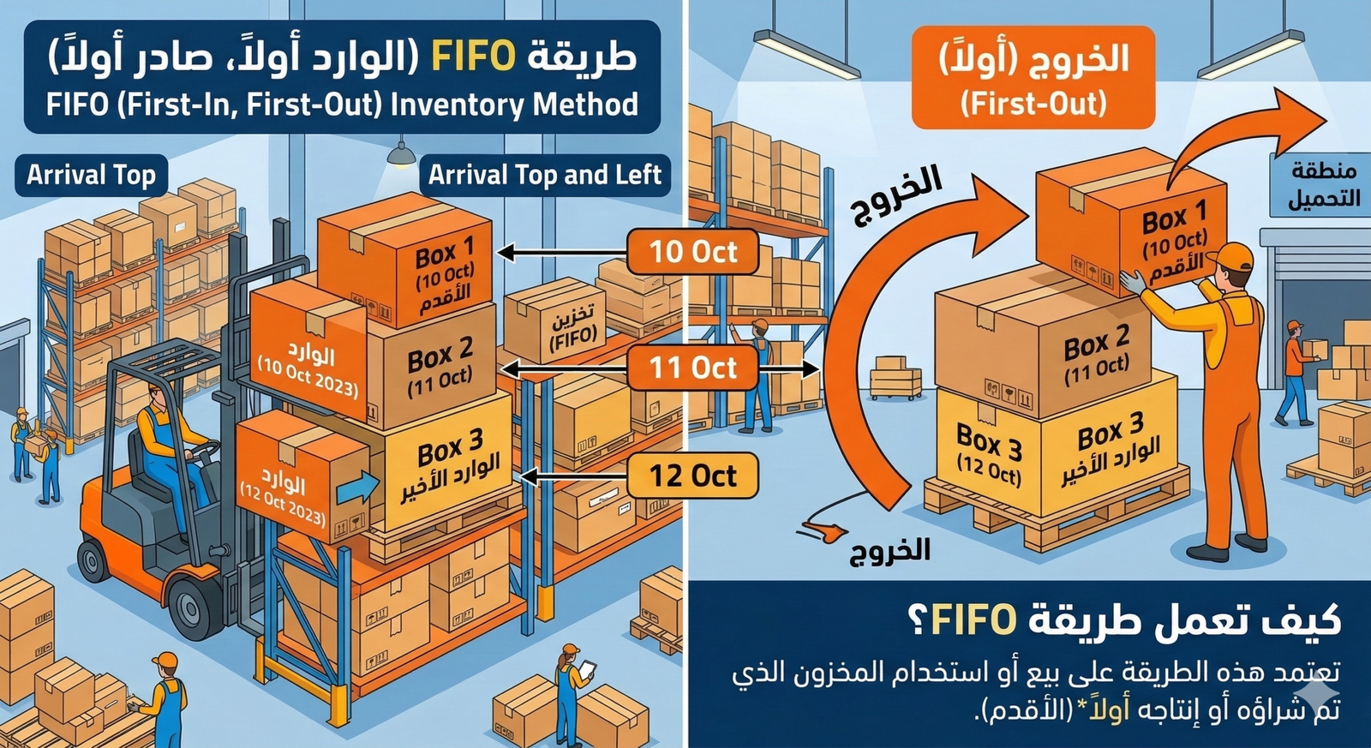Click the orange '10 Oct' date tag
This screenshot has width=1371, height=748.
point(693,252)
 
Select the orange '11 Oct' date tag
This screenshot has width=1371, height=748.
point(693,368)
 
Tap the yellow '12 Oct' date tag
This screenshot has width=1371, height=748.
point(693,476)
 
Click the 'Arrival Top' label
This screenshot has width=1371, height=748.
point(91,175)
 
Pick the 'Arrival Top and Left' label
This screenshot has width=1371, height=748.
point(545,175)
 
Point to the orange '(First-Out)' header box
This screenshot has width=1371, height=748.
point(1033,77)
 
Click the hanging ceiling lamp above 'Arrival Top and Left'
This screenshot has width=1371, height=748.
point(401,154)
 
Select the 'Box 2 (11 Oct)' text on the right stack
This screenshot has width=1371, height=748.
point(1096,356)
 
